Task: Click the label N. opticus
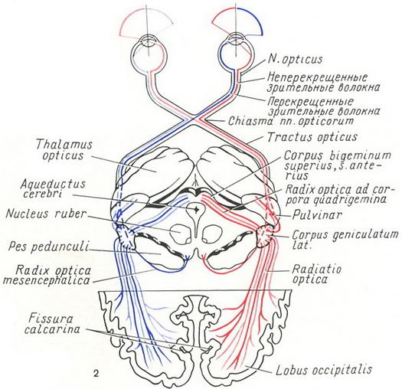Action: coord(295,60)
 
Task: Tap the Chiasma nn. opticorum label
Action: coord(291,121)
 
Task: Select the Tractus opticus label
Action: coord(312,137)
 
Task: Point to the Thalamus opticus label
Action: coord(64,150)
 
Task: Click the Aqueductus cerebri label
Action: coord(53,188)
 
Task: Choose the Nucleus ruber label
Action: coord(45,214)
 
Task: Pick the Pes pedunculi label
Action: coord(48,247)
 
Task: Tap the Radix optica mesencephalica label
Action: coord(47,276)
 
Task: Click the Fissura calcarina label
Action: coord(52,324)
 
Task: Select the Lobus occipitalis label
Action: coord(324,370)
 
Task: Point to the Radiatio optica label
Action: coord(317,274)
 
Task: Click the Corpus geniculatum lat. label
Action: coord(345,239)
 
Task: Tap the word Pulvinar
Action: coord(317,215)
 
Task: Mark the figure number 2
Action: coord(96,374)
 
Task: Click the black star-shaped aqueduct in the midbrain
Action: coord(196,210)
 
